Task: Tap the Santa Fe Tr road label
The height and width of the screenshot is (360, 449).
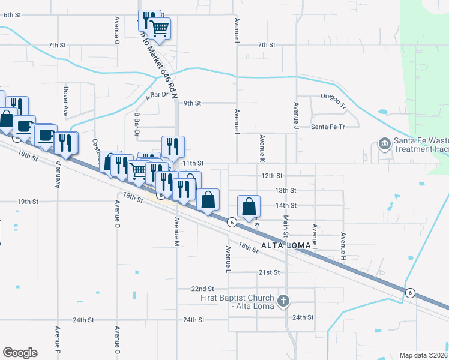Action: click(x=328, y=127)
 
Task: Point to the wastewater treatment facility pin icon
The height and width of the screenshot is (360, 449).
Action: click(x=384, y=144)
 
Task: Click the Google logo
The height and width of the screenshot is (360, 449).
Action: click(x=20, y=353)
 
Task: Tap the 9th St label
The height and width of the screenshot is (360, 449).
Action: click(x=192, y=103)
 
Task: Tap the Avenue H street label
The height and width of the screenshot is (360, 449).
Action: click(x=343, y=242)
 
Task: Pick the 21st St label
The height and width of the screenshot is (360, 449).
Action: click(x=269, y=272)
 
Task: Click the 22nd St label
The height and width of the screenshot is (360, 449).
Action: click(x=202, y=289)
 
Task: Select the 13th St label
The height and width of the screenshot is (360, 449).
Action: click(x=286, y=190)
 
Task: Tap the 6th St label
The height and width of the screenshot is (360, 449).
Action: click(x=13, y=14)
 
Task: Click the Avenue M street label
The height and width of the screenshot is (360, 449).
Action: click(x=177, y=232)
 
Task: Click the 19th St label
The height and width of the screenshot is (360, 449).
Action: click(x=28, y=202)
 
